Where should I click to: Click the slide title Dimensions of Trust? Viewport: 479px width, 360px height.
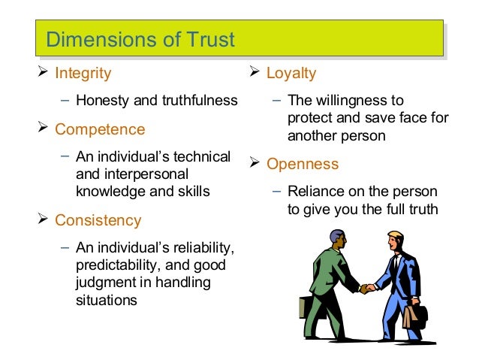[140, 39]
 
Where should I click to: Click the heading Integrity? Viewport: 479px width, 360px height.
[83, 74]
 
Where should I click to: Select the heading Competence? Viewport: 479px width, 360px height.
[100, 129]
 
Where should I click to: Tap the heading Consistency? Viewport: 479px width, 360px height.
[98, 220]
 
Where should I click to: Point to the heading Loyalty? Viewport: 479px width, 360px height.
[291, 74]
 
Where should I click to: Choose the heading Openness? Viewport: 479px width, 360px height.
[303, 164]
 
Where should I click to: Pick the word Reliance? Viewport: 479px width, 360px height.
[315, 192]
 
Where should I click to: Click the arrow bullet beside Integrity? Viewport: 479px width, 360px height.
[43, 74]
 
